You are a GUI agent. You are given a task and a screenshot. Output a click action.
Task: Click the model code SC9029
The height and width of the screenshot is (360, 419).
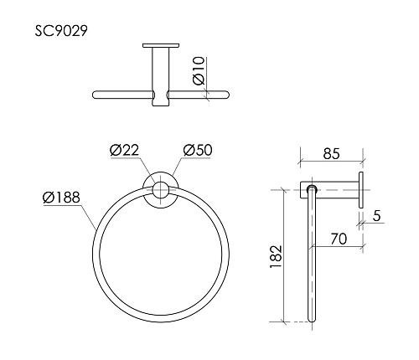(x=63, y=30)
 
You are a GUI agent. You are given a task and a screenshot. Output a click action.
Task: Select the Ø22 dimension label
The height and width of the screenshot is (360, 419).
(x=123, y=150)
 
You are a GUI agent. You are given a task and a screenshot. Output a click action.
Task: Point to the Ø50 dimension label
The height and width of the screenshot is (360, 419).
(x=195, y=150)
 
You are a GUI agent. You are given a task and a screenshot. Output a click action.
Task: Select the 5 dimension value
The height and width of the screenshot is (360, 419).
(x=377, y=216)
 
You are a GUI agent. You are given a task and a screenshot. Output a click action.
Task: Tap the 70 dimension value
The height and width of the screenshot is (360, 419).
(x=339, y=238)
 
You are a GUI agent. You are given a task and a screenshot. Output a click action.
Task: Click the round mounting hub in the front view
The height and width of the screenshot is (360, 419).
(x=158, y=190)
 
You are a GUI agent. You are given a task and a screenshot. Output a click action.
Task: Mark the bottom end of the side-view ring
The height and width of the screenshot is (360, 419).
(x=313, y=321)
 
